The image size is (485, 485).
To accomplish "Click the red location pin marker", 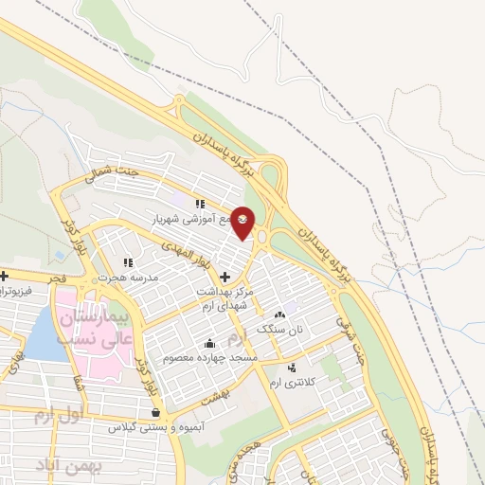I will pyautogui.click(x=242, y=222).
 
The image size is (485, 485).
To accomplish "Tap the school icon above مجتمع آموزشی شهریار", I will pyautogui.click(x=199, y=204).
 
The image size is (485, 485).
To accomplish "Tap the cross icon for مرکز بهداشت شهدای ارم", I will pyautogui.click(x=224, y=278).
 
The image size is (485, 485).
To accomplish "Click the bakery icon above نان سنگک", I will pyautogui.click(x=278, y=315).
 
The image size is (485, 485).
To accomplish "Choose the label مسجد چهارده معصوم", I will pyautogui.click(x=208, y=357).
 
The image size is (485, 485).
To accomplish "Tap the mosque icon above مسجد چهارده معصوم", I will pyautogui.click(x=208, y=343).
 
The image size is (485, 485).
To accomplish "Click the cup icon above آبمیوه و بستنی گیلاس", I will pyautogui.click(x=155, y=413).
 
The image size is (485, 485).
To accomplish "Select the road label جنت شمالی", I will pyautogui.click(x=104, y=180).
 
